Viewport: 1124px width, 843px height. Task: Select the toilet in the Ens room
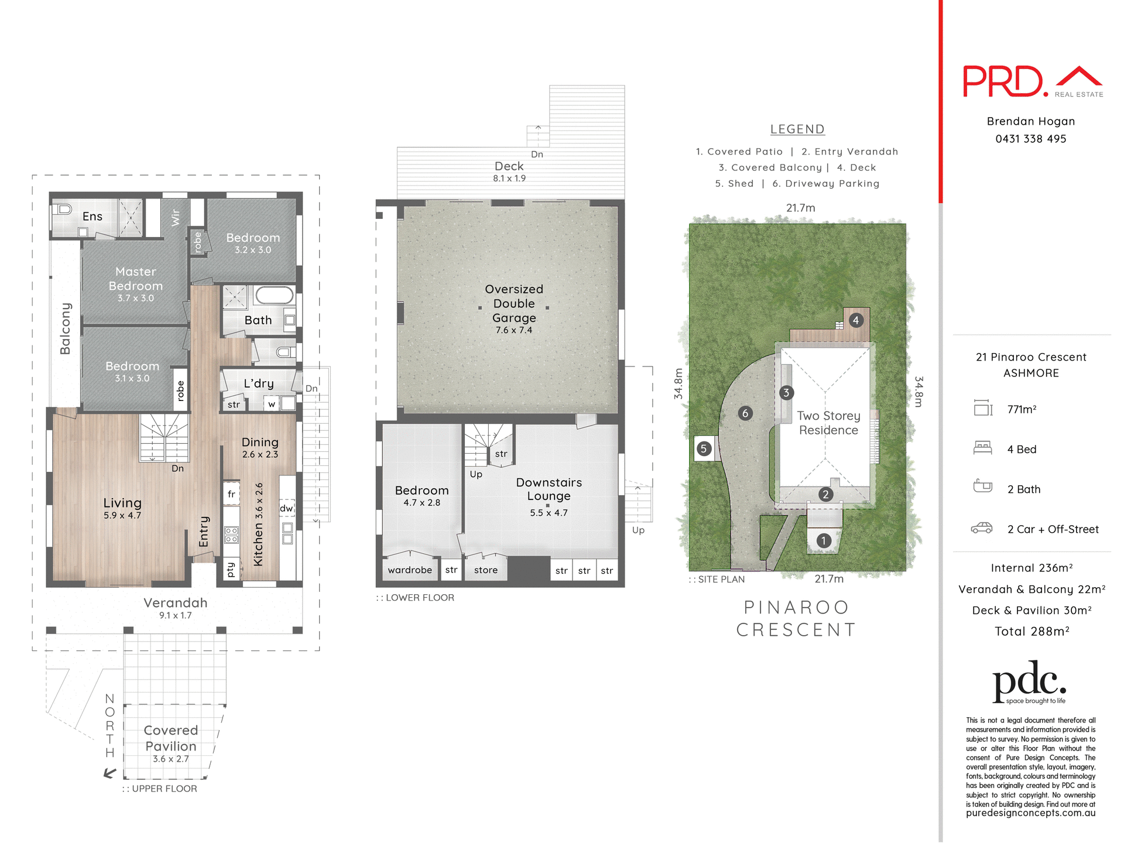(x=62, y=209)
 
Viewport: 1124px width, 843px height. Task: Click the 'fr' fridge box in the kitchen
(x=231, y=494)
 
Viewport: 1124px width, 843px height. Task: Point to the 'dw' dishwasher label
(x=286, y=508)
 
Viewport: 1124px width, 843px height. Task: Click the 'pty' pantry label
(x=231, y=570)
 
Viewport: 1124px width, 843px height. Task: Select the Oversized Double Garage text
(x=514, y=304)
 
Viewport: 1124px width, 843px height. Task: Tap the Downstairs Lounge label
(x=549, y=489)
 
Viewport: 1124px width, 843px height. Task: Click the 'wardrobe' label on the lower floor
(x=410, y=570)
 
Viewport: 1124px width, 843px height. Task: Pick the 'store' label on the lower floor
(x=486, y=570)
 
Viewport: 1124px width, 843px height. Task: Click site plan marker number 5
(x=704, y=449)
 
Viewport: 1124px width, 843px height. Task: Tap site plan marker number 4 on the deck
(x=856, y=320)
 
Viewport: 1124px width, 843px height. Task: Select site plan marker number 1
(x=824, y=540)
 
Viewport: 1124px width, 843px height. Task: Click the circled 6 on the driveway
(x=745, y=413)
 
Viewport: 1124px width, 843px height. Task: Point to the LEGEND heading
(x=797, y=129)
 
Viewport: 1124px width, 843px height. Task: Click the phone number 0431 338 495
(x=1030, y=139)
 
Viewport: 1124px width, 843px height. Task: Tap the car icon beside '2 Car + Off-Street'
(x=982, y=528)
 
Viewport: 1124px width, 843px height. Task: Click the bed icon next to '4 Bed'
(x=982, y=448)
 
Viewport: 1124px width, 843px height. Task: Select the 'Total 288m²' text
(x=1032, y=631)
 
